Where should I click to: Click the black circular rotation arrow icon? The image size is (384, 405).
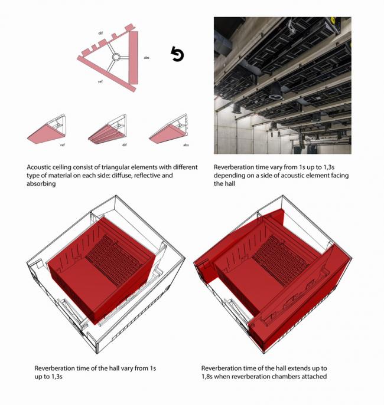[177, 55]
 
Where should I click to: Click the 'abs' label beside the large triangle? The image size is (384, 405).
[147, 58]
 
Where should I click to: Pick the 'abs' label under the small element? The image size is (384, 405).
[186, 144]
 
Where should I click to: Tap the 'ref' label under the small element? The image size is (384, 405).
[62, 144]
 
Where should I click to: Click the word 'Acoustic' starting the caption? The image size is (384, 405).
[41, 167]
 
